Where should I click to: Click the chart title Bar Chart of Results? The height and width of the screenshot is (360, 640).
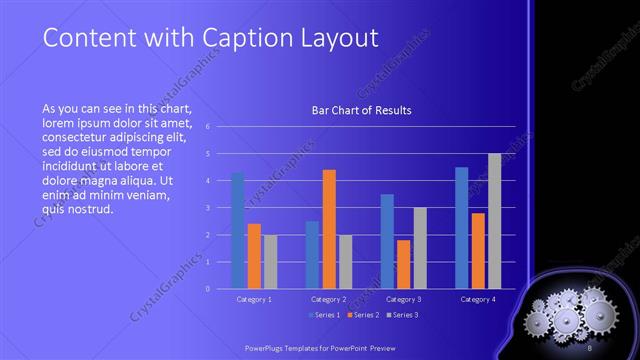pyautogui.click(x=361, y=110)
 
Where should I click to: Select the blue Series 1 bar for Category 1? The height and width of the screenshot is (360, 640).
pyautogui.click(x=238, y=230)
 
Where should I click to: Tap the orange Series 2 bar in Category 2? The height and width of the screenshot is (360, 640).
pyautogui.click(x=329, y=229)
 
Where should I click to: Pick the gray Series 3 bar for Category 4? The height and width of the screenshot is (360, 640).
pyautogui.click(x=494, y=221)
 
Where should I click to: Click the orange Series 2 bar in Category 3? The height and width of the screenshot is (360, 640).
pyautogui.click(x=403, y=264)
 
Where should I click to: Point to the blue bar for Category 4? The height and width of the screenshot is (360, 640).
pyautogui.click(x=462, y=227)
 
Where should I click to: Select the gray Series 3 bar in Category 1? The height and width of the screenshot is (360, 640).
pyautogui.click(x=270, y=261)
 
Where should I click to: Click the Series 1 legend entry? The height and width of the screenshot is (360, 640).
pyautogui.click(x=325, y=315)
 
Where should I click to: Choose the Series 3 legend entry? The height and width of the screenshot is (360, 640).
pyautogui.click(x=403, y=315)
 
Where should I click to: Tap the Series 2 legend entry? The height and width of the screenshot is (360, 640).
pyautogui.click(x=364, y=315)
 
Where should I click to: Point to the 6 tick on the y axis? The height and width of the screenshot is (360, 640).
pyautogui.click(x=207, y=127)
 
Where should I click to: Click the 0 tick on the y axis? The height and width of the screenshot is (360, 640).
pyautogui.click(x=207, y=288)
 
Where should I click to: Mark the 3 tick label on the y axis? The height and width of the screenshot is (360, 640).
pyautogui.click(x=207, y=208)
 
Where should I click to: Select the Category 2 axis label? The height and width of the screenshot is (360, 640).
pyautogui.click(x=328, y=299)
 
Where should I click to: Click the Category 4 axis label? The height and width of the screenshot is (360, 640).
pyautogui.click(x=478, y=299)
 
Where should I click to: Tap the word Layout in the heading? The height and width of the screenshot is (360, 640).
pyautogui.click(x=342, y=38)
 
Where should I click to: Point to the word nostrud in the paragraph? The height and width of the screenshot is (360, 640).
pyautogui.click(x=92, y=209)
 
